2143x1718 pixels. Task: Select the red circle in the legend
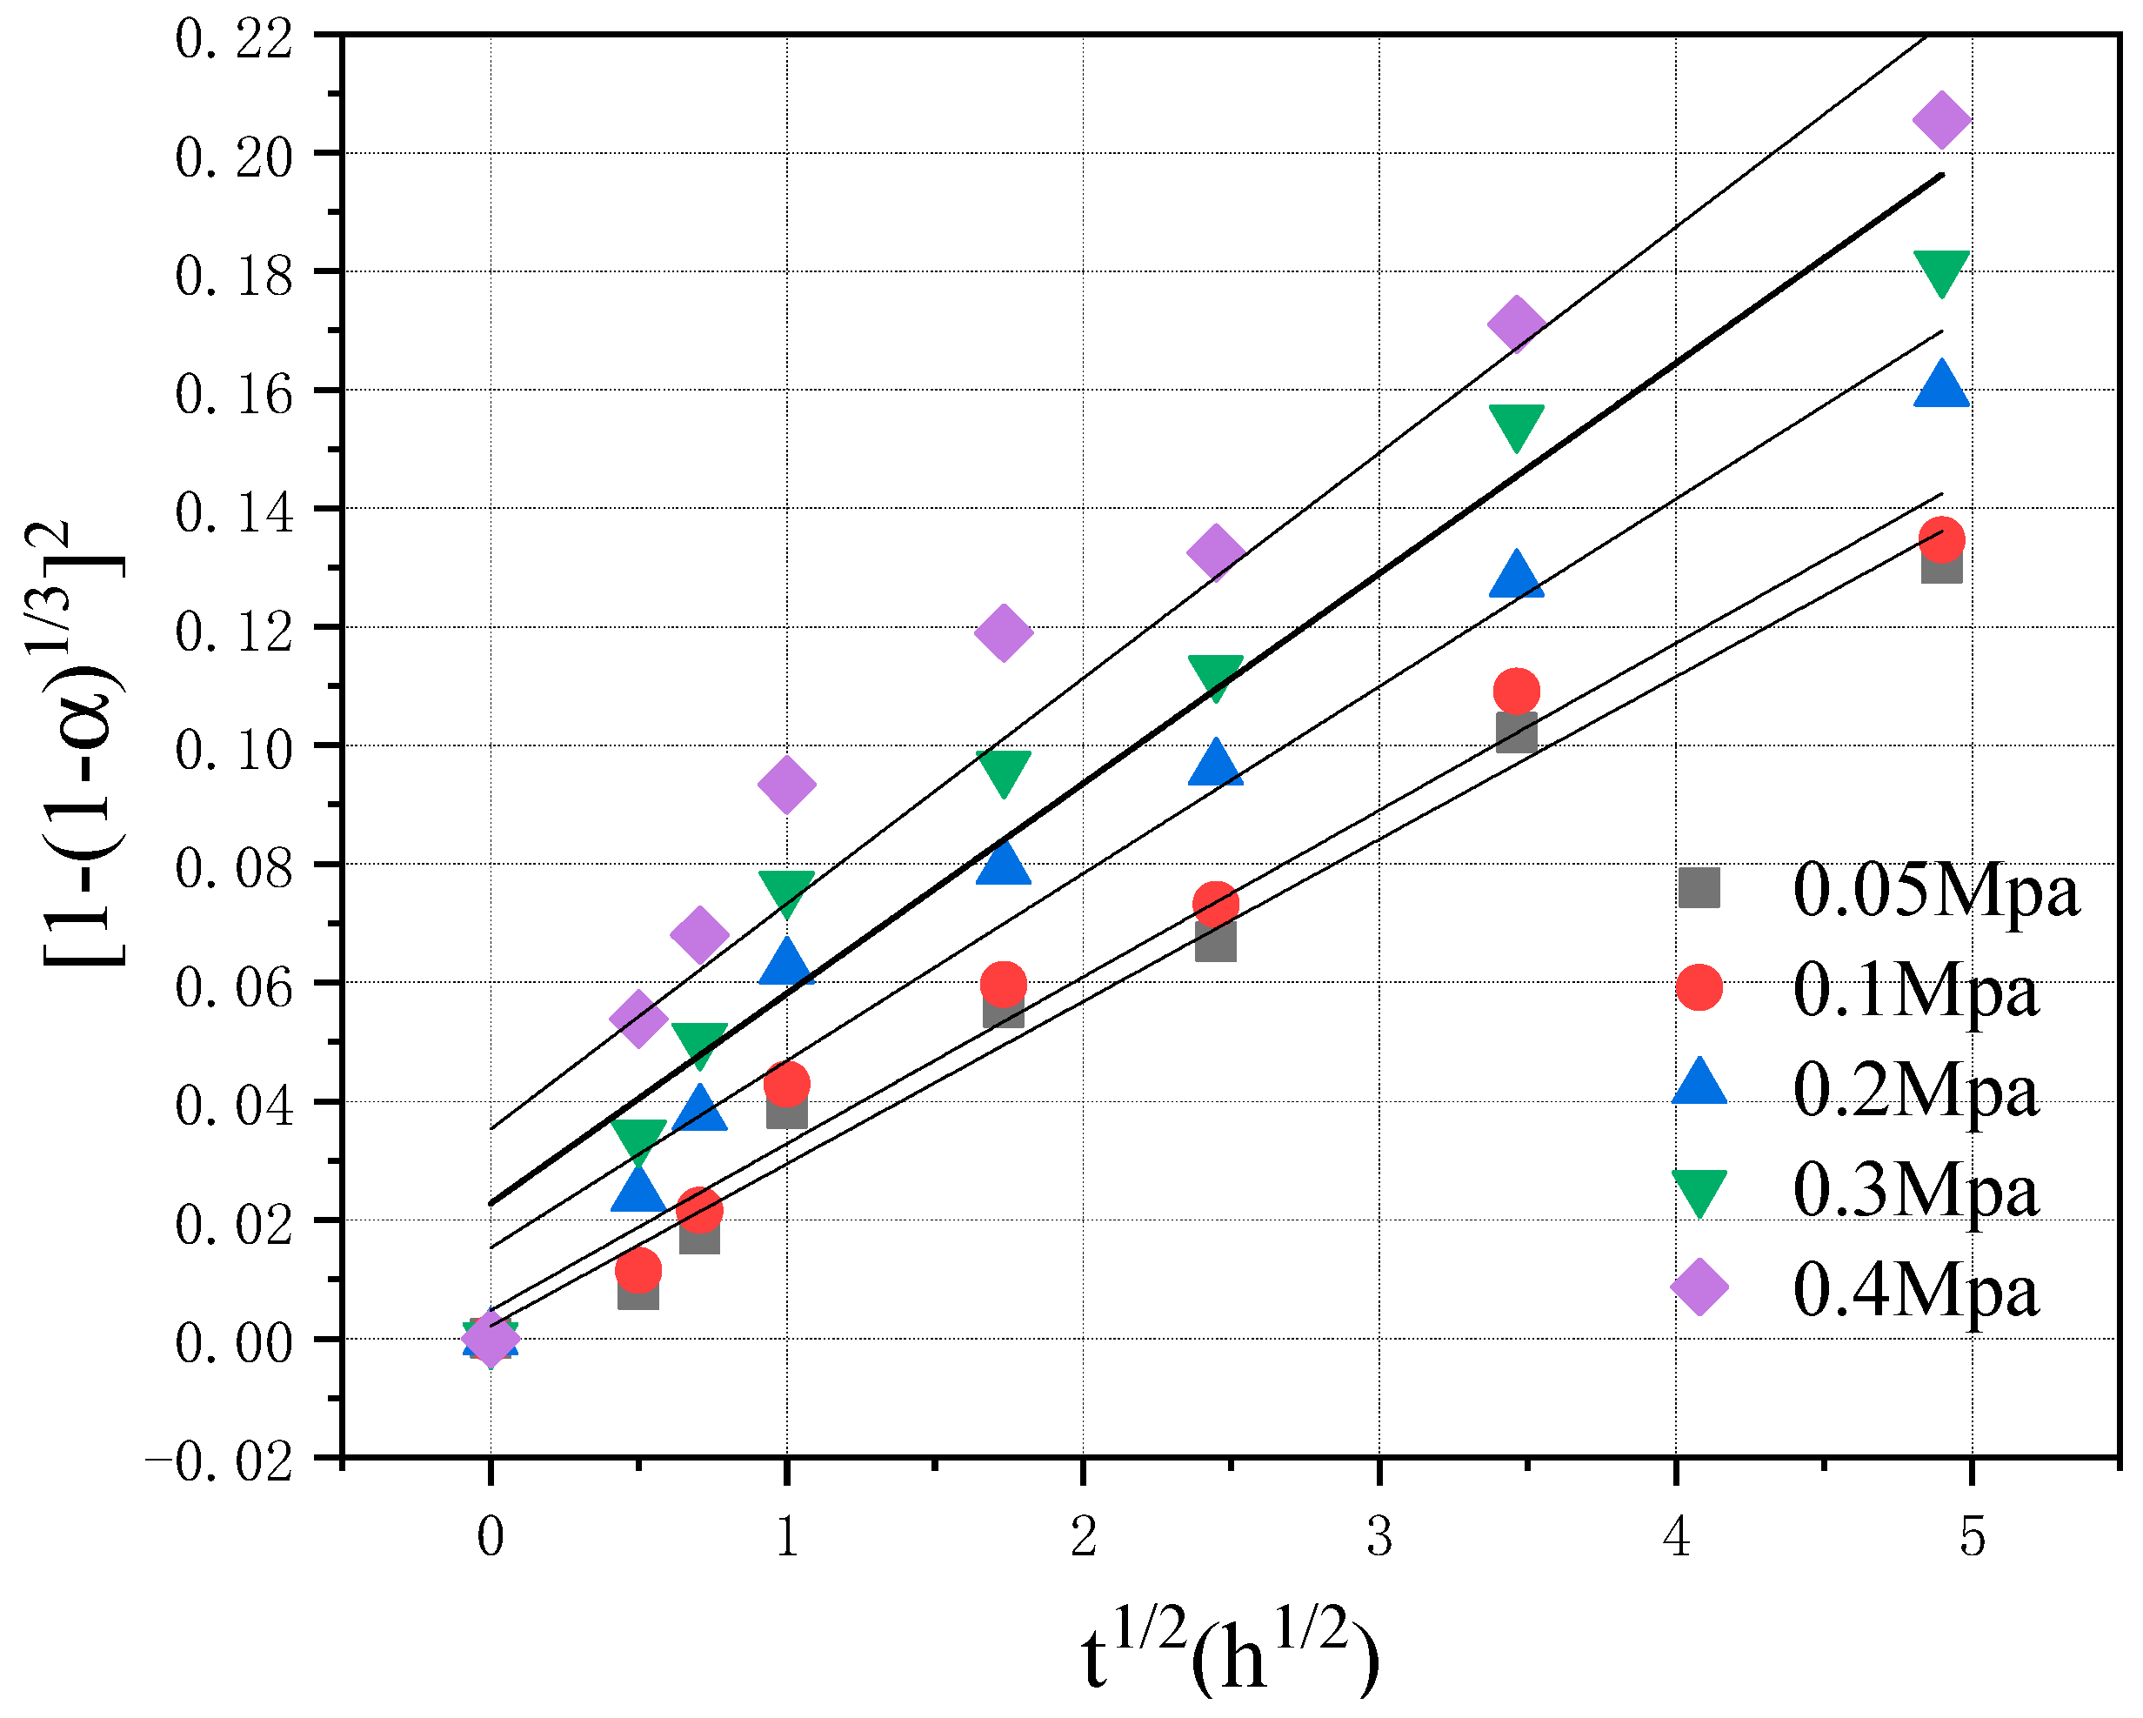click(1699, 987)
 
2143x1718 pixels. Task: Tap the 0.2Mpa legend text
click(1915, 1091)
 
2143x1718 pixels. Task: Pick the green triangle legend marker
click(1699, 1190)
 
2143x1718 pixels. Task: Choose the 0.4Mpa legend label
click(1915, 1291)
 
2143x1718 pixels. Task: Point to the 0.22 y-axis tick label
click(235, 40)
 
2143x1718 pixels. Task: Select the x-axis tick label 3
click(1379, 1536)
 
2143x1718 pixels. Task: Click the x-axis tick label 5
click(1972, 1536)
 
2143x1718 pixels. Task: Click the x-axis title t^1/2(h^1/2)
click(1231, 1653)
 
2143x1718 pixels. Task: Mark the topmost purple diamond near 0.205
click(1941, 119)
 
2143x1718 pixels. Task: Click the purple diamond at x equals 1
click(786, 784)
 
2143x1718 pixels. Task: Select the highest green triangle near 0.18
click(1941, 271)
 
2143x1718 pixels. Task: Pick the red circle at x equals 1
click(786, 1083)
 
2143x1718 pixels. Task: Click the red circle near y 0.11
click(1516, 690)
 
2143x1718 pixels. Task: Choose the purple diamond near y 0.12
click(1003, 632)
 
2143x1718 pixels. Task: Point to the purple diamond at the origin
click(490, 1338)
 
